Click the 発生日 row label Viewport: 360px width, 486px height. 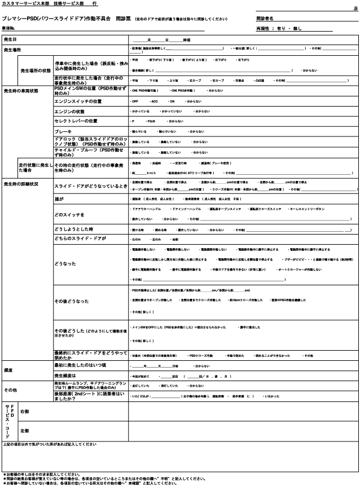11,40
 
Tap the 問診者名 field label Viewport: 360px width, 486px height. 265,19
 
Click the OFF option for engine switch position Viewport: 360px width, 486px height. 135,101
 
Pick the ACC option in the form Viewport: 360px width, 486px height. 154,101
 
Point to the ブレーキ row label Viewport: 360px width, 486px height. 63,131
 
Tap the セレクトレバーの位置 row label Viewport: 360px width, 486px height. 76,121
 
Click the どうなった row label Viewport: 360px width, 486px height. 64,263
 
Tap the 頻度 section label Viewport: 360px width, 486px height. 8,370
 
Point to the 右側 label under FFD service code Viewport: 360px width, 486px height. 25,412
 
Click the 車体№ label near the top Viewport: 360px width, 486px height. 8,28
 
